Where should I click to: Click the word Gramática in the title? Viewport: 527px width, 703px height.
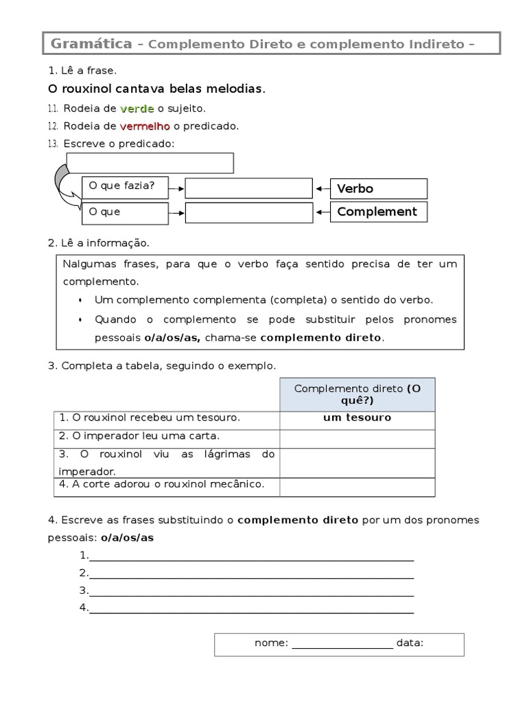(x=92, y=45)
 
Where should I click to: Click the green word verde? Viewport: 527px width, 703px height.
(x=137, y=108)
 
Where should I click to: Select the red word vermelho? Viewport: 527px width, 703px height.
(x=145, y=126)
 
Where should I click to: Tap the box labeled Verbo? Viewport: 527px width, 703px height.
(x=379, y=189)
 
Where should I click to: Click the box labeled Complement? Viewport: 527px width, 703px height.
(x=379, y=212)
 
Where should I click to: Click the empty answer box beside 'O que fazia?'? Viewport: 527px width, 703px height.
(x=248, y=189)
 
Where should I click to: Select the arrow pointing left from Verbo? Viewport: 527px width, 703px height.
(x=322, y=189)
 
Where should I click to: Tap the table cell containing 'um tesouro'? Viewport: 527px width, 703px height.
(x=357, y=418)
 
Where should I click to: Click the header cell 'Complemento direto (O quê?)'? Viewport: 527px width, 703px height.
(x=357, y=395)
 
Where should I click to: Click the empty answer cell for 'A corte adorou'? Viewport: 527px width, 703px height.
(x=357, y=486)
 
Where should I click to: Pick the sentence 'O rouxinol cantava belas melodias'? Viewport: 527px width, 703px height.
(x=156, y=89)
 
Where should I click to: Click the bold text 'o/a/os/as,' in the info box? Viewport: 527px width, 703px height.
(x=172, y=338)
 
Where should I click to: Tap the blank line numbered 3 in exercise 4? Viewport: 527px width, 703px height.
(x=250, y=590)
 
